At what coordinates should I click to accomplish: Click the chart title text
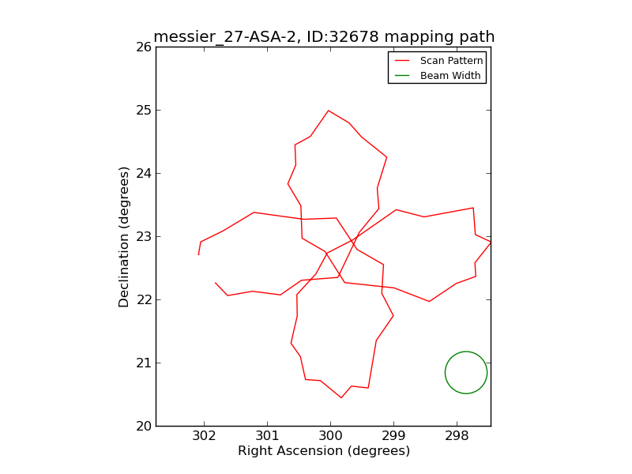(x=324, y=37)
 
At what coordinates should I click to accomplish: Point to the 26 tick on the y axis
(x=142, y=47)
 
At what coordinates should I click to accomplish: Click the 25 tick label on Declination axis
(x=142, y=110)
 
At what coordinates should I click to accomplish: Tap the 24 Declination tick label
(x=142, y=173)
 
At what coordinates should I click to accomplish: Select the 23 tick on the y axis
(x=142, y=236)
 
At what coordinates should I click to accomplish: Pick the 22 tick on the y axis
(x=142, y=299)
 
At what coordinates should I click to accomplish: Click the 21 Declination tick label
(x=142, y=363)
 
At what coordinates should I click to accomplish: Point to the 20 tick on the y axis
(x=142, y=426)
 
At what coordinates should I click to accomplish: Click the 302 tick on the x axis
(x=204, y=437)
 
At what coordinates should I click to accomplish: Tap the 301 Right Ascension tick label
(x=267, y=437)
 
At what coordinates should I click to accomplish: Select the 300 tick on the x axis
(x=330, y=437)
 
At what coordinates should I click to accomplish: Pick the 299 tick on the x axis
(x=393, y=437)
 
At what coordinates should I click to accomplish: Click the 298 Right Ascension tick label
(x=457, y=437)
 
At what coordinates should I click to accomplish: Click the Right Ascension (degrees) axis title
(x=324, y=451)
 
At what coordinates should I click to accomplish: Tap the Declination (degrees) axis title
(x=125, y=236)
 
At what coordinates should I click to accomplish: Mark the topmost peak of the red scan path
(x=328, y=111)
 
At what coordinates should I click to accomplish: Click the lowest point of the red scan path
(x=341, y=397)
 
